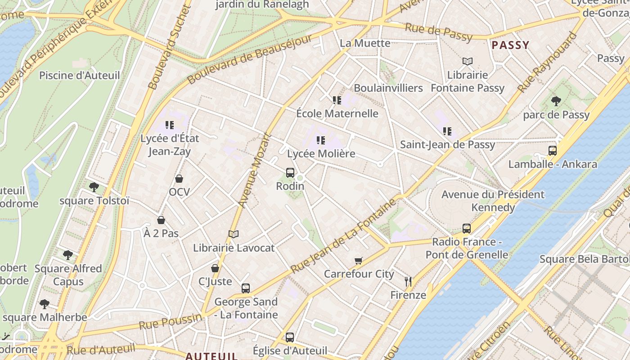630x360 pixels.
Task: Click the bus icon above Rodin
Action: pos(290,172)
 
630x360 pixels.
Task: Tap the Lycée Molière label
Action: pos(321,153)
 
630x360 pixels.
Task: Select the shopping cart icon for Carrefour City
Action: pos(359,261)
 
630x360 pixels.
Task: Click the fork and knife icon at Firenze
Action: pos(408,282)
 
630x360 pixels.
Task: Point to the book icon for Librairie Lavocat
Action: pos(233,234)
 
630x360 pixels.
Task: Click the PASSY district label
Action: pos(510,45)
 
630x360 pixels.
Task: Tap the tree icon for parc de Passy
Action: pos(556,101)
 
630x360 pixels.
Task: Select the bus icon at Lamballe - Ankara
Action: pos(553,150)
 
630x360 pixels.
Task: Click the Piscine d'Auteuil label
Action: pos(80,75)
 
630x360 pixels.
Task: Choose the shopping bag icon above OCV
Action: pos(179,179)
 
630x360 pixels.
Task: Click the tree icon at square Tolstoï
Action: pos(94,187)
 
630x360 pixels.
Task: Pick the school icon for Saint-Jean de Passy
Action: pos(447,131)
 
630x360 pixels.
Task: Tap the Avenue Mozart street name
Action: pos(255,170)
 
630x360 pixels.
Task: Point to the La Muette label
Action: pos(365,43)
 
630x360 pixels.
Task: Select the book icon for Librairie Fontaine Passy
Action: pos(468,61)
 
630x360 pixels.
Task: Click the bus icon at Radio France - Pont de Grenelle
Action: pos(467,229)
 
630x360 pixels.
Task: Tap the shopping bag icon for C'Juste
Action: pos(215,268)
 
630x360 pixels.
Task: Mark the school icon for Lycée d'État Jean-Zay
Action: pos(170,125)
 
